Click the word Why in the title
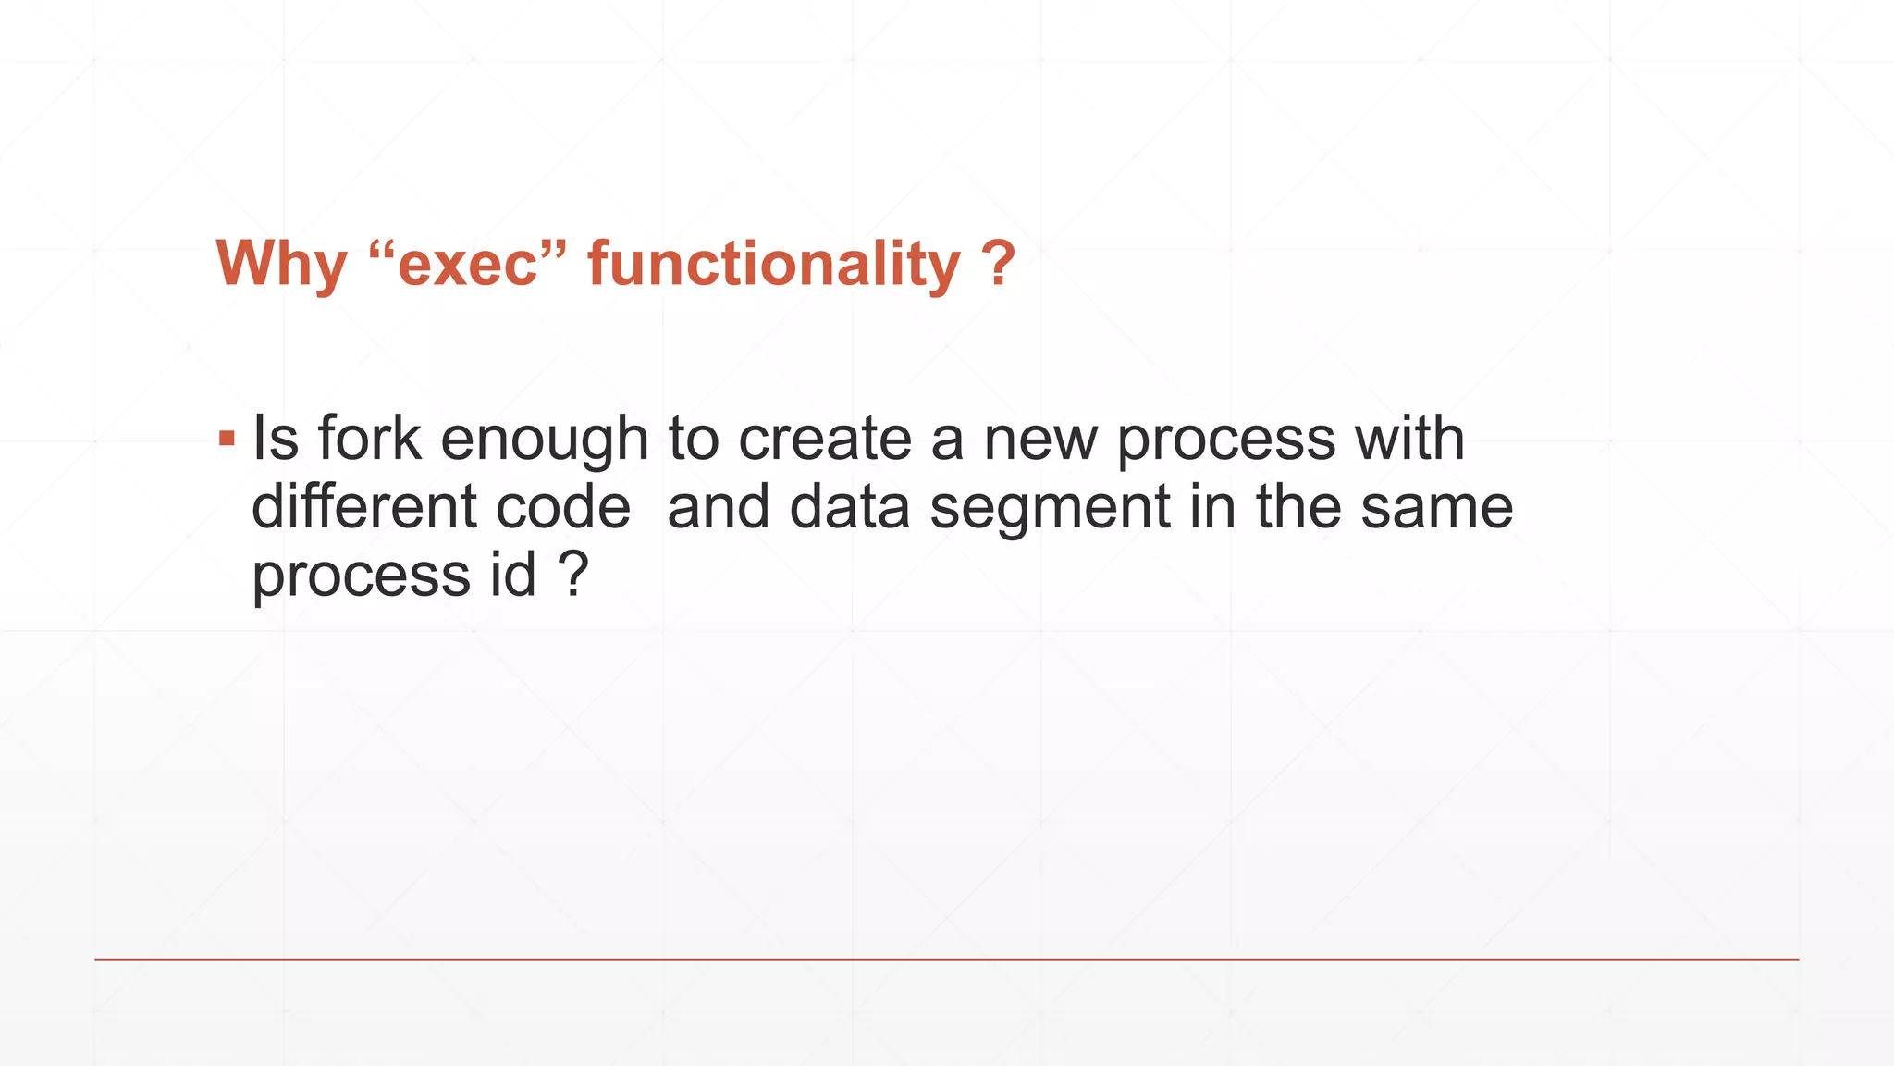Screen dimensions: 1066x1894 [281, 265]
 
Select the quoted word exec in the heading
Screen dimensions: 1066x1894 [467, 265]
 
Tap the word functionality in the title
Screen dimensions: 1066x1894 [774, 265]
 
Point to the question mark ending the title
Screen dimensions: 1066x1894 [998, 265]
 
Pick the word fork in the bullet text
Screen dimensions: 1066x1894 [369, 438]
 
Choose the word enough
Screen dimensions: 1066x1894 [544, 440]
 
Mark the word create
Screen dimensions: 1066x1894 [825, 438]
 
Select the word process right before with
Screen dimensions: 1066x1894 [1225, 440]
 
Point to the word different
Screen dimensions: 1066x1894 [363, 507]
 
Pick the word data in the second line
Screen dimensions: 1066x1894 [849, 507]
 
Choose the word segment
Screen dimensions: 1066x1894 [1050, 509]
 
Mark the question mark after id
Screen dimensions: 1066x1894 [573, 575]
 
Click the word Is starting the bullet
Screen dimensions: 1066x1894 [274, 438]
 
